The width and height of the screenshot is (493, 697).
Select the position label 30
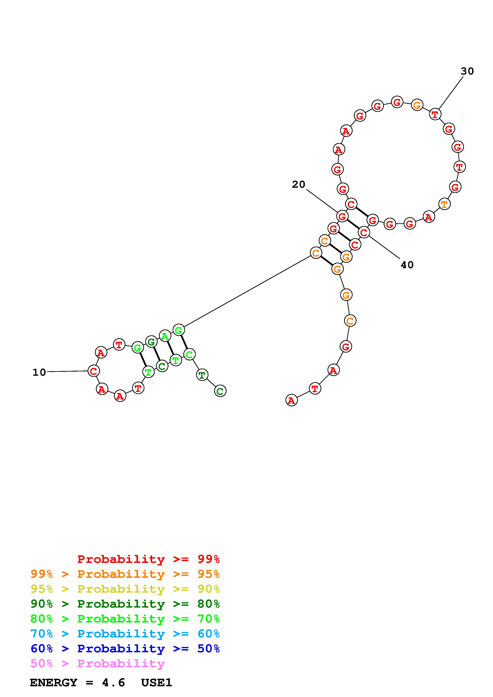pos(467,71)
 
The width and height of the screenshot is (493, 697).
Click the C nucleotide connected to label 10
pos(93,371)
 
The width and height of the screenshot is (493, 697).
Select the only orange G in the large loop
pos(417,105)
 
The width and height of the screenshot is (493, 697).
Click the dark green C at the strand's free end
pos(220,391)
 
